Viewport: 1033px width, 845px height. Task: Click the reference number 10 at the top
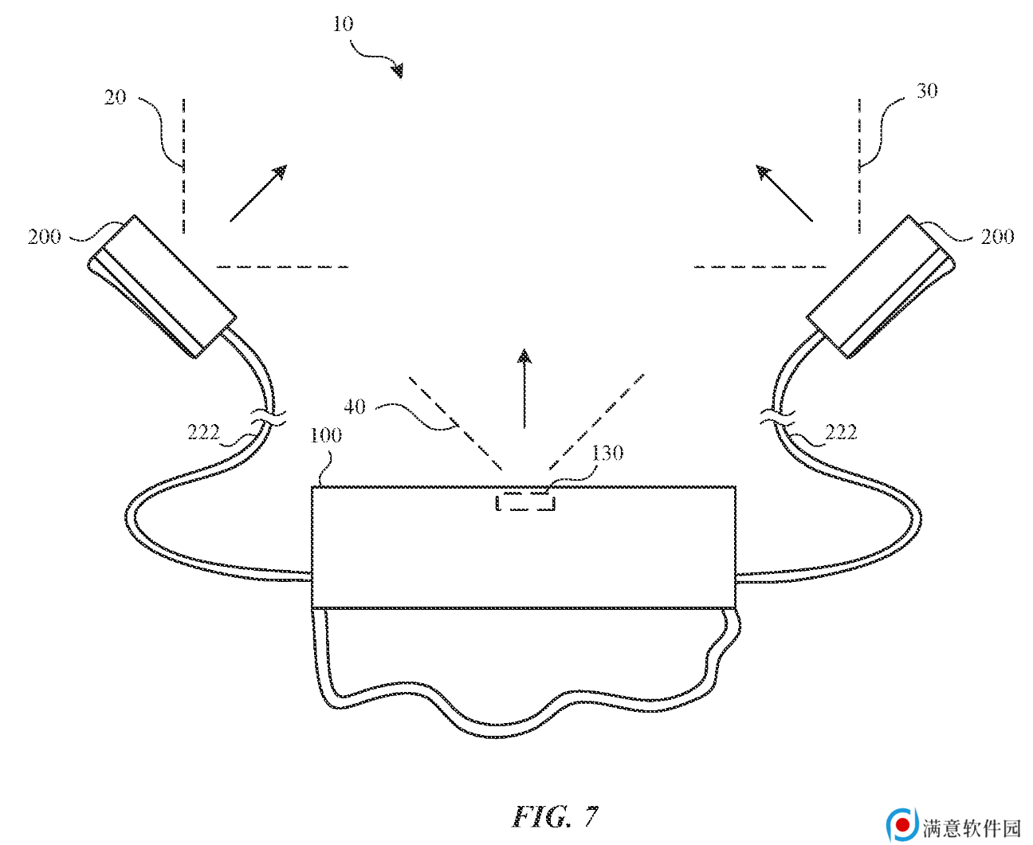[x=343, y=24]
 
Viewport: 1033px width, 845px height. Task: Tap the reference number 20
[x=115, y=97]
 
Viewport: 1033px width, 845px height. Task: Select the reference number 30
[x=927, y=91]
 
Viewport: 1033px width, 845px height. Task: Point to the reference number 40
[x=355, y=407]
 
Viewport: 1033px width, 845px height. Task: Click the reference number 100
[x=326, y=435]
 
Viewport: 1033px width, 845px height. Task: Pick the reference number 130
[x=607, y=453]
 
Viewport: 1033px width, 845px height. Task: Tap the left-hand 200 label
[x=44, y=237]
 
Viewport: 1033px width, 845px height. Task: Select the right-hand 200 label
[x=997, y=237]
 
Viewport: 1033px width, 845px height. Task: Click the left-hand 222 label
[x=204, y=432]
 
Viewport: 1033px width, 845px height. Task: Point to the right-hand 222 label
[x=841, y=432]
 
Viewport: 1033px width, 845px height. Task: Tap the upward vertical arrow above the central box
[x=524, y=388]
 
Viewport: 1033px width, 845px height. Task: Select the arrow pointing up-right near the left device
[x=258, y=194]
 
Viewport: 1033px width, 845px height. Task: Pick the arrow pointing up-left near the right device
[x=784, y=193]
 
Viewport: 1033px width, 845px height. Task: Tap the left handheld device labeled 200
[x=162, y=286]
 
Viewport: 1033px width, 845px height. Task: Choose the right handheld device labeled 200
[x=881, y=286]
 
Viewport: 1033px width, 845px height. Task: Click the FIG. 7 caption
[x=556, y=816]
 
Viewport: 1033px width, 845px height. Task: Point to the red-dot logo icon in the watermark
[x=901, y=824]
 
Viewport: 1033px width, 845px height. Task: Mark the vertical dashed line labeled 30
[x=859, y=166]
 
